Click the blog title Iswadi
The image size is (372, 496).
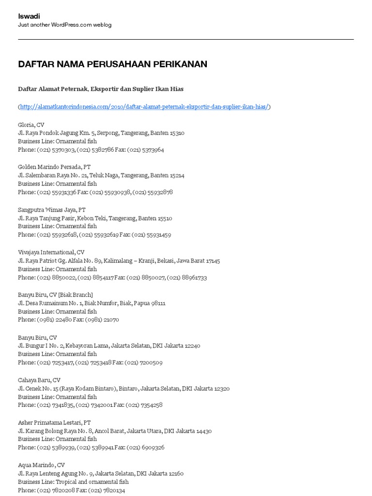[29, 16]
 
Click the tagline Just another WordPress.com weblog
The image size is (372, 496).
[64, 25]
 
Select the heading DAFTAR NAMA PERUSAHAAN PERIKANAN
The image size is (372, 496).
[112, 64]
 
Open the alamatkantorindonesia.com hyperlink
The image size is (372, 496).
[144, 107]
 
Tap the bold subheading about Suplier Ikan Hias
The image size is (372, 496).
[101, 89]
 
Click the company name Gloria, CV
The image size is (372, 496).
[31, 124]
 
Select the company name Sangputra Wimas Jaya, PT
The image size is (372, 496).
[52, 210]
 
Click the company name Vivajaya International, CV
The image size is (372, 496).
[51, 252]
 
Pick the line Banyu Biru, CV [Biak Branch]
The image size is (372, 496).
[55, 294]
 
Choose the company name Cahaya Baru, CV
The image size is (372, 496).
[39, 380]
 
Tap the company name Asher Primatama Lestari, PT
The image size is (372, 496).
[54, 422]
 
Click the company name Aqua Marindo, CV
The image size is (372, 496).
[41, 465]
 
